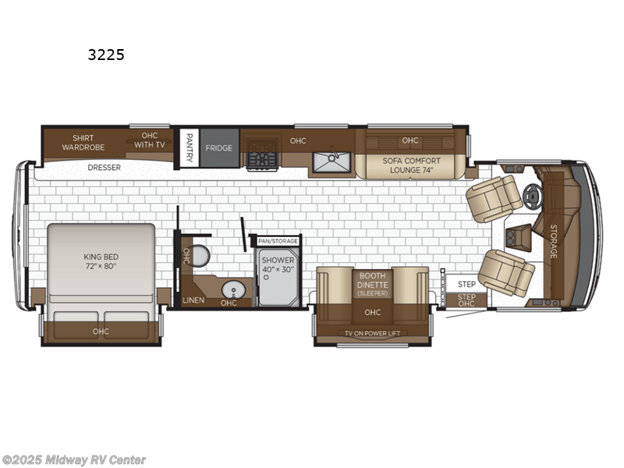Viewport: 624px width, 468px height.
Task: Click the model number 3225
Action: pyautogui.click(x=106, y=55)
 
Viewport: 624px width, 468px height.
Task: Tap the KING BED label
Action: pyautogui.click(x=101, y=261)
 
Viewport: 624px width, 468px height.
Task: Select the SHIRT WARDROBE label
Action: pyautogui.click(x=83, y=141)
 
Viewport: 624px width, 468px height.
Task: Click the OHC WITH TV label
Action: pyautogui.click(x=149, y=140)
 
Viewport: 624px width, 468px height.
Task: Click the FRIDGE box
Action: pyautogui.click(x=219, y=147)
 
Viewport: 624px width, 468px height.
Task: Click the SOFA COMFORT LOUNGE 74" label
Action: pyautogui.click(x=411, y=165)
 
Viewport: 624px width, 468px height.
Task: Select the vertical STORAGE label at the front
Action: pyautogui.click(x=553, y=241)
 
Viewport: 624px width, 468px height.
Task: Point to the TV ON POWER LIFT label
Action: pyautogui.click(x=372, y=333)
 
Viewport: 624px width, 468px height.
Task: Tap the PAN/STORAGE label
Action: pyautogui.click(x=278, y=241)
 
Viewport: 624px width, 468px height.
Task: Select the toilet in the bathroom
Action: pyautogui.click(x=200, y=255)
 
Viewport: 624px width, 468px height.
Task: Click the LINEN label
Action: pyautogui.click(x=193, y=300)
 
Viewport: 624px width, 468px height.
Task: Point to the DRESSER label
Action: pyautogui.click(x=104, y=167)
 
